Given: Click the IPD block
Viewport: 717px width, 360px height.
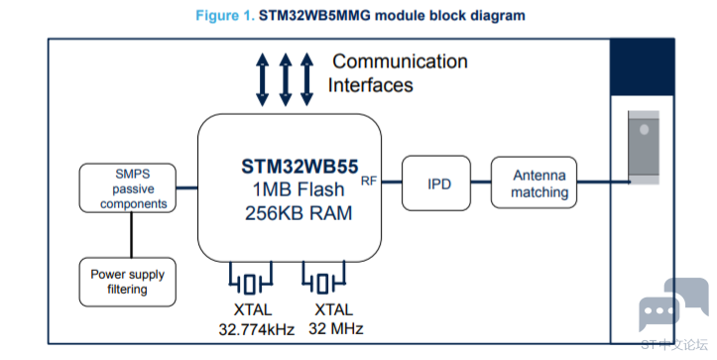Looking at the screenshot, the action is click(436, 182).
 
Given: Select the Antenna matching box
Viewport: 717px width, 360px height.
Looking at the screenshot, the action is click(534, 182).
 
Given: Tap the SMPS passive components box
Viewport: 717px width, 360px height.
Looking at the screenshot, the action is click(128, 188).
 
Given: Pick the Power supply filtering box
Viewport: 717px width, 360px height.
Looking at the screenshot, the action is click(128, 282).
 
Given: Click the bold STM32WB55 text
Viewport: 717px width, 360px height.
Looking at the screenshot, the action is click(299, 167).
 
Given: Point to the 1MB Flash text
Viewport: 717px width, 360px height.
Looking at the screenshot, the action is click(299, 189).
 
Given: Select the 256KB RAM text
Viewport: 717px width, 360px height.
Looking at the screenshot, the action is click(299, 213).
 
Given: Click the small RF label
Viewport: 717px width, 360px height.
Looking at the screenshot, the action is click(369, 181).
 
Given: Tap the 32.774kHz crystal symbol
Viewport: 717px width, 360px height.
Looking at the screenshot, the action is click(250, 278).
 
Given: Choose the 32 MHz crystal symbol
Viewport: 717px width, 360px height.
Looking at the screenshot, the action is click(323, 278).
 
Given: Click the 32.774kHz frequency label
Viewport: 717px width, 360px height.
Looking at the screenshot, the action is click(257, 329).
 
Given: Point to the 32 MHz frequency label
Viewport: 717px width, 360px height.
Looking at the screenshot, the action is click(336, 328).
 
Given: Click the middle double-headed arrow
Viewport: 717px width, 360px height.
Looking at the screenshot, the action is click(286, 79).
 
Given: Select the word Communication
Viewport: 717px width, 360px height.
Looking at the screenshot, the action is click(400, 61).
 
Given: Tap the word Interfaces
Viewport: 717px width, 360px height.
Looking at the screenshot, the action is click(370, 85).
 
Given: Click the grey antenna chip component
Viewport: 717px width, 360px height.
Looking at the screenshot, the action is click(644, 148).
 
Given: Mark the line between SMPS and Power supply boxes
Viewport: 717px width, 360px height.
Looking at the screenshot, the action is click(131, 235).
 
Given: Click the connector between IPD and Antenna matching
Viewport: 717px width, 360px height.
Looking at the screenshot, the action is click(481, 182).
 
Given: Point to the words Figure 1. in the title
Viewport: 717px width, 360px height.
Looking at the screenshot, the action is click(225, 16).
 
